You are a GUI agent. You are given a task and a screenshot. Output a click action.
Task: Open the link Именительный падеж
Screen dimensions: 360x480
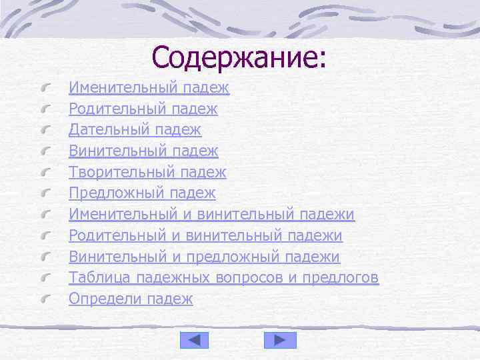point(149,87)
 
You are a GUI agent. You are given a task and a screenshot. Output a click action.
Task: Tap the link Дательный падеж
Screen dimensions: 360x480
point(135,130)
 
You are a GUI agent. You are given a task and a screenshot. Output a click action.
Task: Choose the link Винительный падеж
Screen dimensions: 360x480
point(143,151)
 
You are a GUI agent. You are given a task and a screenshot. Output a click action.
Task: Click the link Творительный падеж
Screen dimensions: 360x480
point(147,173)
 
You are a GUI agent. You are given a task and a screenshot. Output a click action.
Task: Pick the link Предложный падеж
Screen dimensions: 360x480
point(142,194)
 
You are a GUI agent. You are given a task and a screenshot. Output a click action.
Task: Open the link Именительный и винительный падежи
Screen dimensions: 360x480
point(211,215)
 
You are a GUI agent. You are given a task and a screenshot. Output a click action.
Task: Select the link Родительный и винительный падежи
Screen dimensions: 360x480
point(205,237)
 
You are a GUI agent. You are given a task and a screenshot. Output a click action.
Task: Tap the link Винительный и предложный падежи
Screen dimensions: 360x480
point(204,258)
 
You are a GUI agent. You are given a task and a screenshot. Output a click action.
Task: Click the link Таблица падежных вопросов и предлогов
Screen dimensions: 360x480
point(223,278)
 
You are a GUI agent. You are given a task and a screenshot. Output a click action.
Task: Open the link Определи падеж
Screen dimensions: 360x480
point(131,299)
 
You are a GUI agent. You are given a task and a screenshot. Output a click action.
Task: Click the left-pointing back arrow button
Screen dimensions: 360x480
point(195,340)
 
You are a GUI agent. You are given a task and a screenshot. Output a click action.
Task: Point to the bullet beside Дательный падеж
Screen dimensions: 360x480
point(47,131)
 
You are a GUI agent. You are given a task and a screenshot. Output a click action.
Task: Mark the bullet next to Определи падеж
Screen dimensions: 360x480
point(47,300)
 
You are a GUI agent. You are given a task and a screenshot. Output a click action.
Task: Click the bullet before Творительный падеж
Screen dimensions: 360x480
point(47,173)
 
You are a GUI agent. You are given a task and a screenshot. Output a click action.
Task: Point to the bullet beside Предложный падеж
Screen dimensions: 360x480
point(47,195)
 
